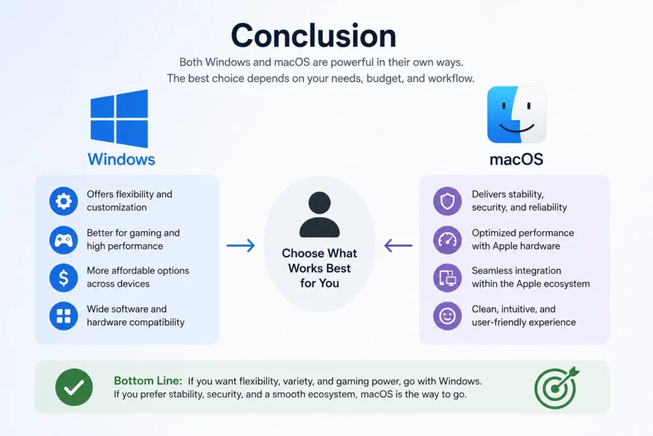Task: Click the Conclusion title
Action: tap(314, 36)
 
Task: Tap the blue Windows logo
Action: tap(119, 118)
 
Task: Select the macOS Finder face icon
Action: tap(517, 115)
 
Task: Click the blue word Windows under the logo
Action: tap(121, 159)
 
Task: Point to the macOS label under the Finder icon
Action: tap(517, 159)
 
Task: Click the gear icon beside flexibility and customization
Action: tap(64, 201)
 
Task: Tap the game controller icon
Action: tap(64, 239)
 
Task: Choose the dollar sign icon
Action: tap(64, 278)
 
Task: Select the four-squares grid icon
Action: tap(64, 316)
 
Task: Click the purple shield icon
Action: tap(447, 201)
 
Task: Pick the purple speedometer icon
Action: tap(447, 239)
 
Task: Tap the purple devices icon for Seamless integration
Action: tap(447, 278)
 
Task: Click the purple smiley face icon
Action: tap(447, 316)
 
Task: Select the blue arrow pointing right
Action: tap(240, 246)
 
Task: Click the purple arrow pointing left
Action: tap(398, 246)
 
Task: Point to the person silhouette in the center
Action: tap(319, 214)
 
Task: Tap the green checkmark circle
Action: tap(74, 387)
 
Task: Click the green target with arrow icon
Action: tap(556, 387)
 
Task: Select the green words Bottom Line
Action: tap(148, 380)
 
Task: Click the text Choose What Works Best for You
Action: tap(319, 268)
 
